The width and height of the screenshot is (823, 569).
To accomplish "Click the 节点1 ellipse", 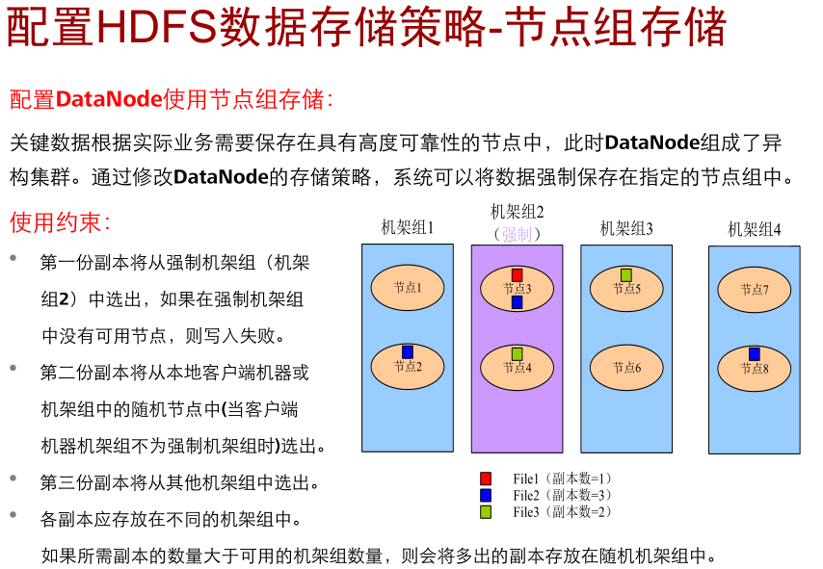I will click(x=407, y=288).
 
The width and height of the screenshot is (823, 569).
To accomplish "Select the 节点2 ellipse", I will click(x=407, y=367).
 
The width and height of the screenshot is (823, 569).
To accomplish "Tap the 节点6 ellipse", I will click(x=625, y=367).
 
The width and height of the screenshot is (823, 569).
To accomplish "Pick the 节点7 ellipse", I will click(x=754, y=289).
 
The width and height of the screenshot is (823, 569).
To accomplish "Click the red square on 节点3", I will click(x=517, y=275).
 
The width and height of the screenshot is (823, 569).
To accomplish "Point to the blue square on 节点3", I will click(x=517, y=302).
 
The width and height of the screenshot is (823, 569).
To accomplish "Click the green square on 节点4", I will click(x=517, y=354).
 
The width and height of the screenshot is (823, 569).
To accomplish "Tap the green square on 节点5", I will click(x=625, y=275).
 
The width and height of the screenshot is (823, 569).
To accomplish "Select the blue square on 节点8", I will click(x=754, y=354).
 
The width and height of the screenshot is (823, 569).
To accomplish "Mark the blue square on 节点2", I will click(x=407, y=352).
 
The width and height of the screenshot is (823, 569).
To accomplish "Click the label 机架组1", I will click(x=408, y=228).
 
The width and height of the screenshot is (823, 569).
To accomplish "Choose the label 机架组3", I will click(x=626, y=228).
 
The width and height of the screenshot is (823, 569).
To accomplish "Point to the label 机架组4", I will click(x=755, y=229).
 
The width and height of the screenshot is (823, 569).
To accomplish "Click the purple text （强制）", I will click(x=518, y=234).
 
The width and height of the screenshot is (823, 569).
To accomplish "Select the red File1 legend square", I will click(x=486, y=478).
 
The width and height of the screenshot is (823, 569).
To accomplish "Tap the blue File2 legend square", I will click(x=486, y=495).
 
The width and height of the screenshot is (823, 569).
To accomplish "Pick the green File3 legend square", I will click(x=486, y=511).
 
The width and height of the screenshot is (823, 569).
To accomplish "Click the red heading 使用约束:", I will click(x=60, y=222).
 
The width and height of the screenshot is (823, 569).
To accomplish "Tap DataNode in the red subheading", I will click(x=109, y=99).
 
